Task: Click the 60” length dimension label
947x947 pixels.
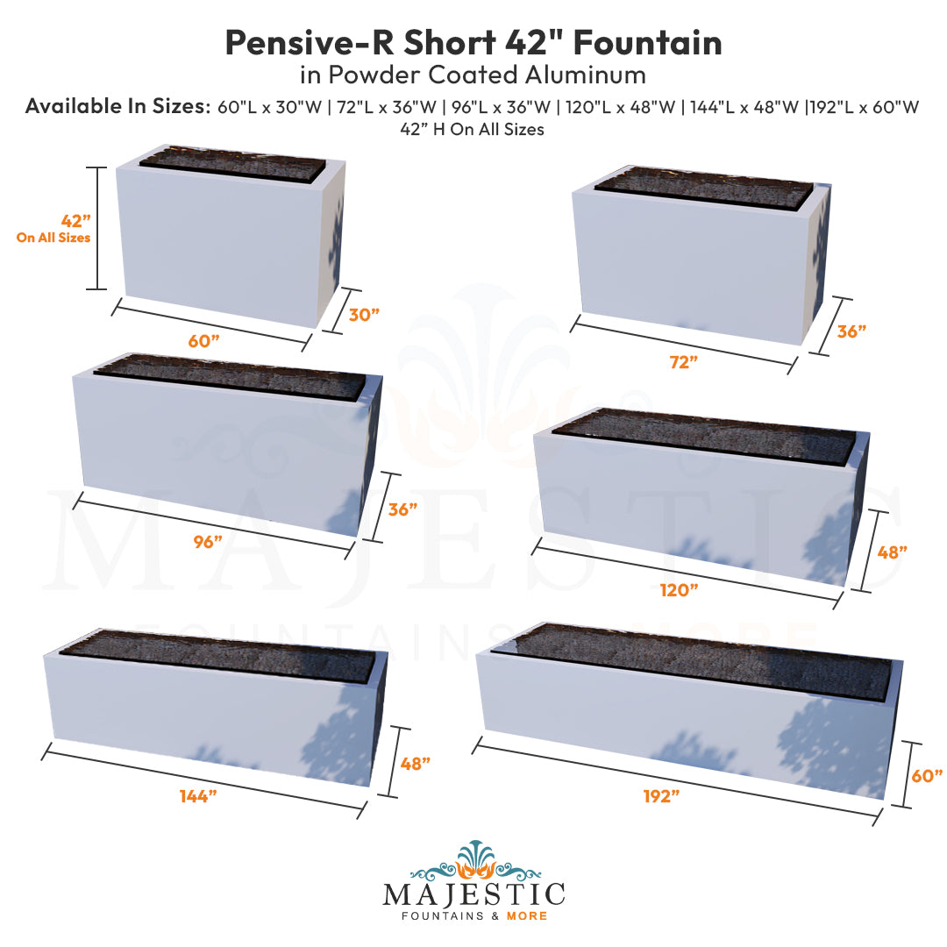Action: pyautogui.click(x=203, y=341)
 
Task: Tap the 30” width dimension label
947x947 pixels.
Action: pyautogui.click(x=364, y=315)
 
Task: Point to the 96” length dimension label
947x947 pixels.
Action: pyautogui.click(x=208, y=542)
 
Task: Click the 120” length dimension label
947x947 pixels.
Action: pyautogui.click(x=680, y=589)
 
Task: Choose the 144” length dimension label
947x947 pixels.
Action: pyautogui.click(x=197, y=796)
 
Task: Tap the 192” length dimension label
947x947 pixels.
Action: pyautogui.click(x=661, y=796)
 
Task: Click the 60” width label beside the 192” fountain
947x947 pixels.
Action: pyautogui.click(x=926, y=775)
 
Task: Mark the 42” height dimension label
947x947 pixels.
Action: pyautogui.click(x=75, y=221)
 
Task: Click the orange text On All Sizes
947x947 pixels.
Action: pyautogui.click(x=53, y=238)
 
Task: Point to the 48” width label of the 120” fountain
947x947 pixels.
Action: pyautogui.click(x=892, y=552)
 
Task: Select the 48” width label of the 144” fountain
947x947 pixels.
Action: pyautogui.click(x=415, y=763)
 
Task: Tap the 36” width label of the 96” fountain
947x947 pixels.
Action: pyautogui.click(x=402, y=509)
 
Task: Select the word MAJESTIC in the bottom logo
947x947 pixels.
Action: pyautogui.click(x=473, y=894)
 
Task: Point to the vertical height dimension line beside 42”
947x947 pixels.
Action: pyautogui.click(x=98, y=227)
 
